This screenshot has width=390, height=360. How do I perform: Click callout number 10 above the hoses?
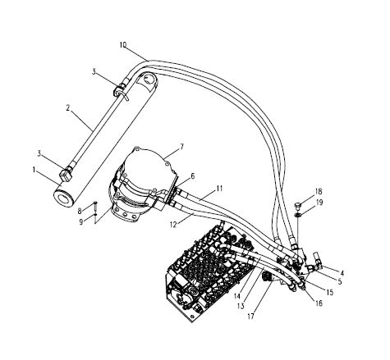[123, 45]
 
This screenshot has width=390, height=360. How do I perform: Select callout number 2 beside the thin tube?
[68, 107]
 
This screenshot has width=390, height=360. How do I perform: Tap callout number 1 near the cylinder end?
[34, 170]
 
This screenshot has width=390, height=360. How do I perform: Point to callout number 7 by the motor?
[181, 147]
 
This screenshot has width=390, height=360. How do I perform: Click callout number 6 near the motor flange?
[193, 176]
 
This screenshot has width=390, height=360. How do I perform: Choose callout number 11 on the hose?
[219, 189]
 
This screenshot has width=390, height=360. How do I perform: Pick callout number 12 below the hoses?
[173, 225]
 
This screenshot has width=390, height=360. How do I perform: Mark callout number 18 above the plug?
[319, 191]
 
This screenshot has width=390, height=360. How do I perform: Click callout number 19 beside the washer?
[319, 203]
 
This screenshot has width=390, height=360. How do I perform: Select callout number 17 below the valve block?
[250, 317]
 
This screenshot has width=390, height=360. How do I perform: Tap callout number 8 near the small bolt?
[80, 211]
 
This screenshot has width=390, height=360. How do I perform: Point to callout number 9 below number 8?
[81, 222]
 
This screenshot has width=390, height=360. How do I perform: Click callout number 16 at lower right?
[319, 303]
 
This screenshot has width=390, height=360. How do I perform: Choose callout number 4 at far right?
[342, 273]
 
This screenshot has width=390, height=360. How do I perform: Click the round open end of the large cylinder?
[64, 197]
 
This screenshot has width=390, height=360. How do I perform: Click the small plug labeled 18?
[297, 205]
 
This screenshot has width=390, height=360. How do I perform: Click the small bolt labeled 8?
[95, 207]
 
